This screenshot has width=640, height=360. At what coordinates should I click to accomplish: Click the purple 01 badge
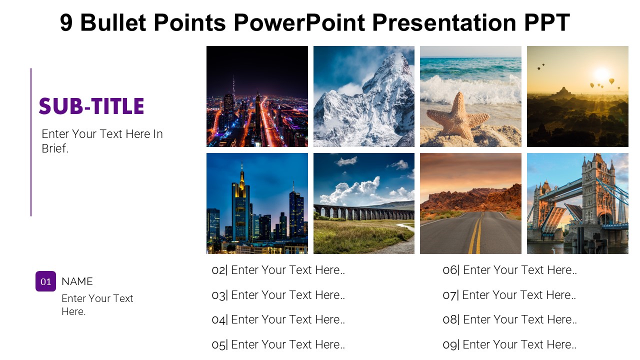pos(45,281)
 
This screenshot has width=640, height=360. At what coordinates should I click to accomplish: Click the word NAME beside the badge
pos(77,281)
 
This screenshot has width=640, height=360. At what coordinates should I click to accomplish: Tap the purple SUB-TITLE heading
pos(91,106)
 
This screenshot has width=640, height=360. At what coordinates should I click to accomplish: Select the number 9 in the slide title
pos(66,22)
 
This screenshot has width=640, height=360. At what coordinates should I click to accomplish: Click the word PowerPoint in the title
pos(299,22)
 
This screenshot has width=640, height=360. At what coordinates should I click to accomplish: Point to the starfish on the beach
pos(457,115)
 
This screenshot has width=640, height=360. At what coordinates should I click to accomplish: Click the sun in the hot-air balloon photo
pos(601,73)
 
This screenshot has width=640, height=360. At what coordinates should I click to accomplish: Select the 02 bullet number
pos(218,270)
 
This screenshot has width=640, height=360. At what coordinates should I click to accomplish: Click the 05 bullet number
pos(218,345)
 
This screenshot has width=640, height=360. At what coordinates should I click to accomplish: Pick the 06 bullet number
pos(450,270)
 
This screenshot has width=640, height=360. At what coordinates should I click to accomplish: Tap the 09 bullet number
pos(450,345)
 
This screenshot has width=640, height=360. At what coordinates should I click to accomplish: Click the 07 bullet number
pos(449,295)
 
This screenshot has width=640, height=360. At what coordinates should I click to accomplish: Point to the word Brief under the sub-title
pos(55,148)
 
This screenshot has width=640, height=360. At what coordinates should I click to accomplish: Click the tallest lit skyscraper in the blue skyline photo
pos(241,205)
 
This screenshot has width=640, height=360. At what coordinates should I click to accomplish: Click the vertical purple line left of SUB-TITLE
pos(31,142)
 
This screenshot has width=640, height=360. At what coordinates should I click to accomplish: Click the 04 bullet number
pos(218,319)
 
